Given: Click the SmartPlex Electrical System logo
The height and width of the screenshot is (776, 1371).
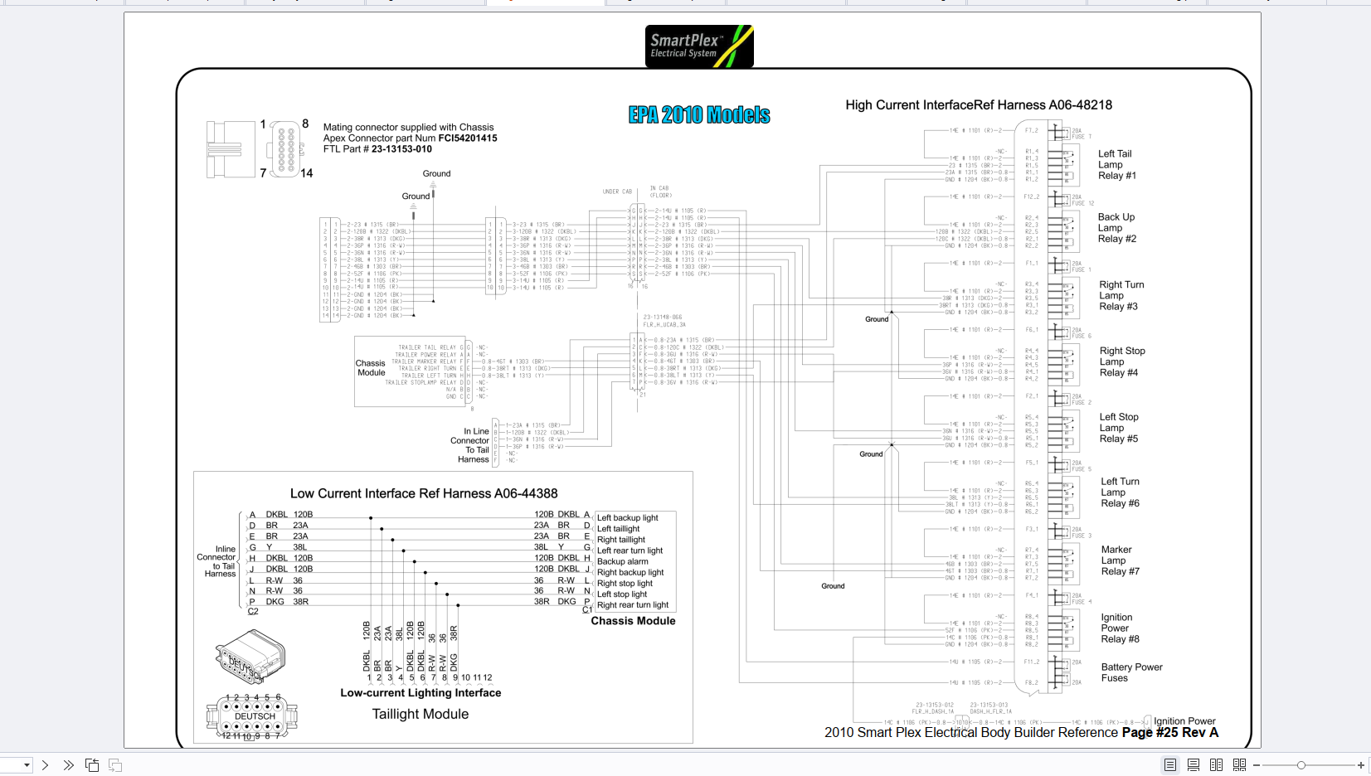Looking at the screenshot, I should pos(699,46).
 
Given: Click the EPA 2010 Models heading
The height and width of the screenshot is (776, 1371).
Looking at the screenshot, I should pos(699,115).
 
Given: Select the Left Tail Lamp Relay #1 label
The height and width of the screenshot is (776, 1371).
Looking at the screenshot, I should pos(1116,165).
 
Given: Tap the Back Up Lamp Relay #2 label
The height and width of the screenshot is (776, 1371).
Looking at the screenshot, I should pos(1116,228).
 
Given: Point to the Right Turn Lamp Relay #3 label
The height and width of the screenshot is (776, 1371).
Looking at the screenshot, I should pos(1121,296).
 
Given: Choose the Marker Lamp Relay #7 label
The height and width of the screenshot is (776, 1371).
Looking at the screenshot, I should pos(1120,560).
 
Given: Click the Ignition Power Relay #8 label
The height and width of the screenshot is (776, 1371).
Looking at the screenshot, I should pos(1120,628).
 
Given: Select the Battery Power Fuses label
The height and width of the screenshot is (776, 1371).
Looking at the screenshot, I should pos(1131,672).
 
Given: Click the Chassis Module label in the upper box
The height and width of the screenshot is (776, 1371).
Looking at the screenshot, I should pos(370,368).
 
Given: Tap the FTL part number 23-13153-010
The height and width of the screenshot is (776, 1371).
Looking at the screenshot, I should pos(401,149).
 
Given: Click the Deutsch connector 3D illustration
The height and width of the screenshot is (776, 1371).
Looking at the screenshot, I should pos(250,657).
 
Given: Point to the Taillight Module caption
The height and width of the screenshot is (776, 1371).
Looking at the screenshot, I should pos(420,714).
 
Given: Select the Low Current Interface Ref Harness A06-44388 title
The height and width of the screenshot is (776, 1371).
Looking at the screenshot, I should pos(424,493).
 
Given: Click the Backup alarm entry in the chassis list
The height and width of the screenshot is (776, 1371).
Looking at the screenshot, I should pos(622,561).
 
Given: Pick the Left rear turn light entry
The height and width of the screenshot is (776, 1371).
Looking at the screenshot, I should pos(630,550).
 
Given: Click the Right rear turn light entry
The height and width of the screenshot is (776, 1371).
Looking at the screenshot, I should pos(632,605).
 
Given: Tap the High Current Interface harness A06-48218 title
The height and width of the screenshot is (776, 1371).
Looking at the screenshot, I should pos(978,105).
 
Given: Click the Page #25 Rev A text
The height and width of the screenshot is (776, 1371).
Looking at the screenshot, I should pos(1169,733).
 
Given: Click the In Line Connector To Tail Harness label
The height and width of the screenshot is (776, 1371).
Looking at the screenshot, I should pos(472,445).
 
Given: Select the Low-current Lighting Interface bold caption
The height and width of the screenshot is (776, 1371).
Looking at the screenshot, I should pos(421,693).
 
